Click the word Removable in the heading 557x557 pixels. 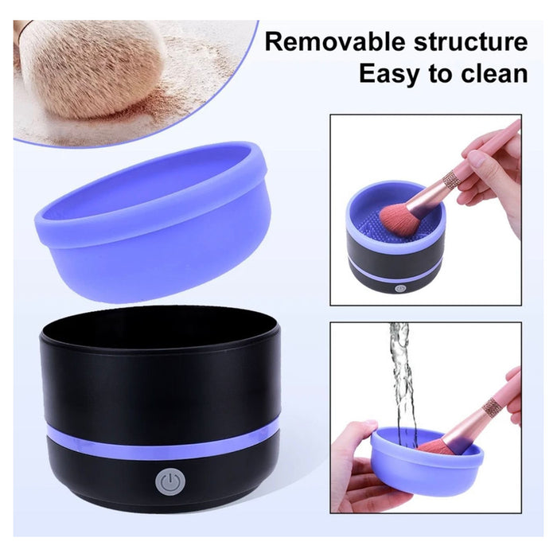(335, 42)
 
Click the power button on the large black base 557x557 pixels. (170, 482)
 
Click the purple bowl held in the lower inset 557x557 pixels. (427, 462)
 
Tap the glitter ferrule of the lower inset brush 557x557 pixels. (491, 408)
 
